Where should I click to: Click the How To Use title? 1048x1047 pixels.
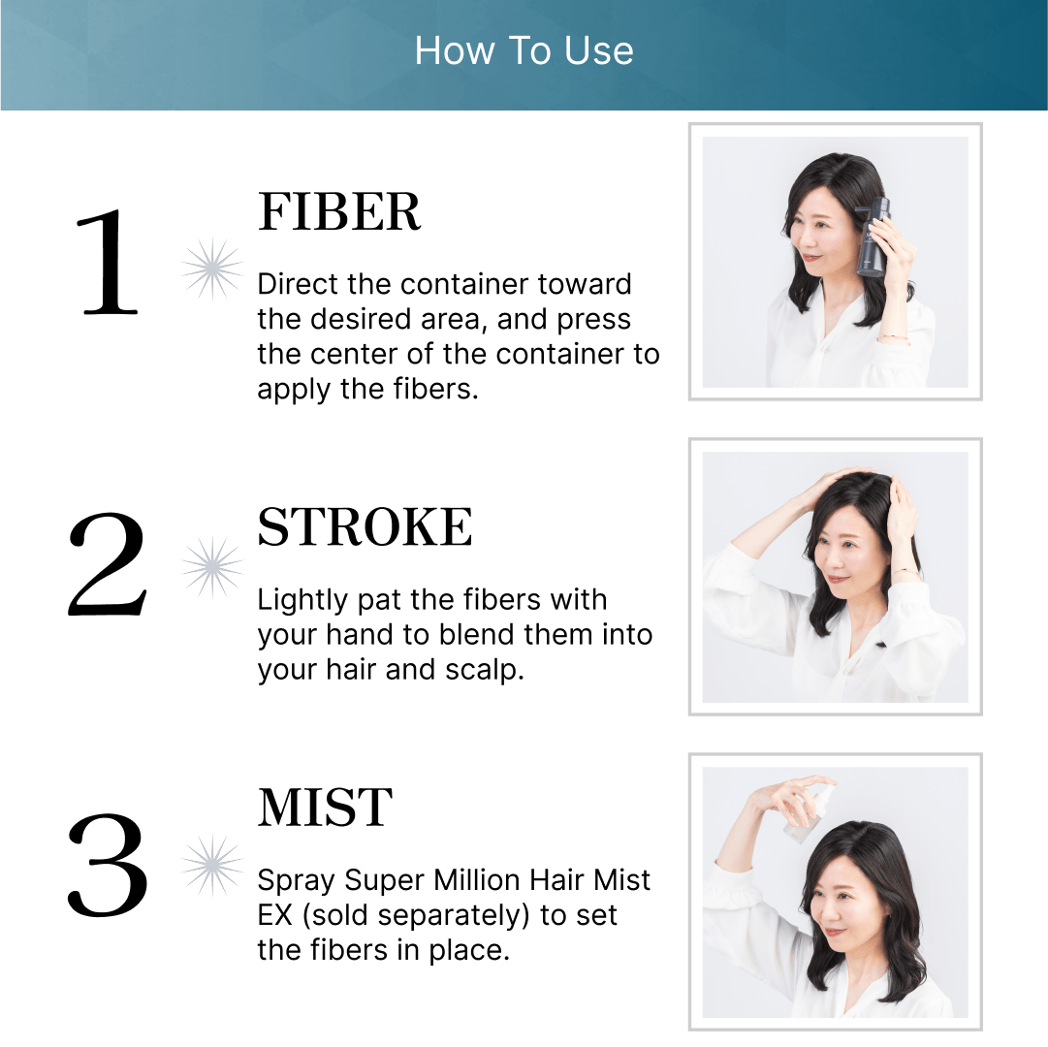coord(524,50)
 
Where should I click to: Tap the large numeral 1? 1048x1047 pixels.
coord(108,261)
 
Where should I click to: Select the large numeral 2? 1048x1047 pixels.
coord(107,564)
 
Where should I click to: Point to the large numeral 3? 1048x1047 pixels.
coord(107,865)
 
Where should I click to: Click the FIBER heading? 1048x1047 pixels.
coord(339,211)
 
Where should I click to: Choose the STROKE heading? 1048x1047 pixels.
coord(365,526)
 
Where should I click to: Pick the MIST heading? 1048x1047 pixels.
coord(326,808)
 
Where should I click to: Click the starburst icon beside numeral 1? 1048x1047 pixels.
coord(212,269)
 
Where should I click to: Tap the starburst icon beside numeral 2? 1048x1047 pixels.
coord(212,567)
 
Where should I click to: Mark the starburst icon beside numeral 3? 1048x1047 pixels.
coord(212,866)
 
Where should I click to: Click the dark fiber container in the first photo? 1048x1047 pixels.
coord(873,238)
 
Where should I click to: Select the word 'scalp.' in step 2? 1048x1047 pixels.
coord(485,670)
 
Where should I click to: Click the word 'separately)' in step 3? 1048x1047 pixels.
coord(411,915)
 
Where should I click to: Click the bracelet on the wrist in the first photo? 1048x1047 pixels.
coord(893,337)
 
